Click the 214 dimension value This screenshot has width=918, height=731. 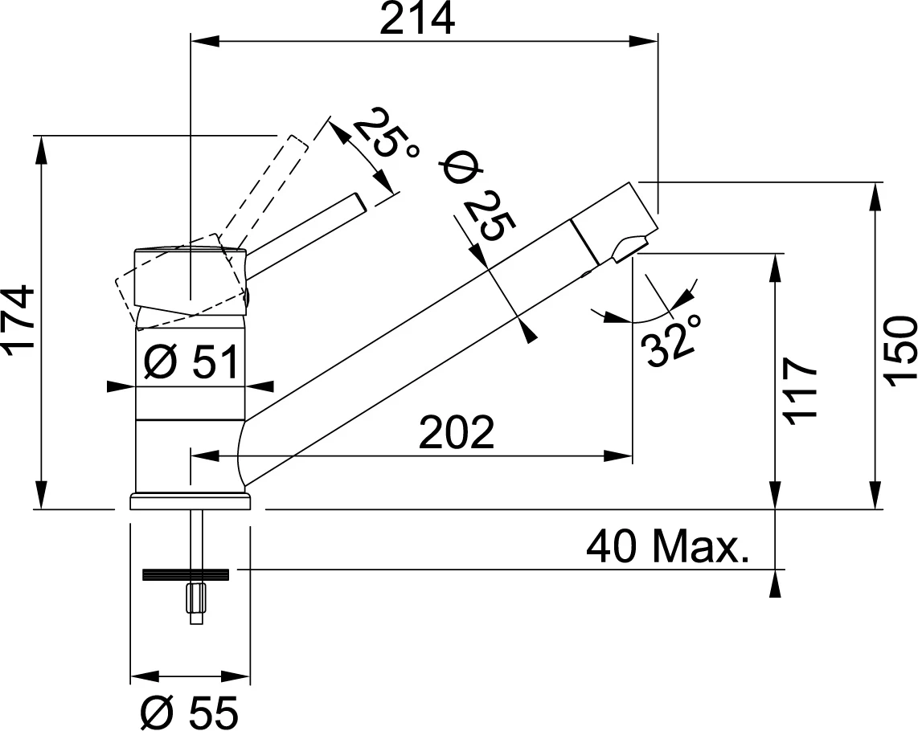pyautogui.click(x=416, y=19)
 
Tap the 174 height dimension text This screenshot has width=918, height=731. pyautogui.click(x=19, y=318)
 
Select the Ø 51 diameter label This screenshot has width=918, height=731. pyautogui.click(x=191, y=362)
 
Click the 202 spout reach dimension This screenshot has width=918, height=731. pyautogui.click(x=456, y=434)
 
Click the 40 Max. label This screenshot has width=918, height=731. pyautogui.click(x=667, y=548)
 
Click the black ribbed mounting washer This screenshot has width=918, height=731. pyautogui.click(x=186, y=574)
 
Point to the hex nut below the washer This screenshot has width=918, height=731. pyautogui.click(x=195, y=598)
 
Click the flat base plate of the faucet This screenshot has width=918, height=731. pyautogui.click(x=190, y=503)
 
